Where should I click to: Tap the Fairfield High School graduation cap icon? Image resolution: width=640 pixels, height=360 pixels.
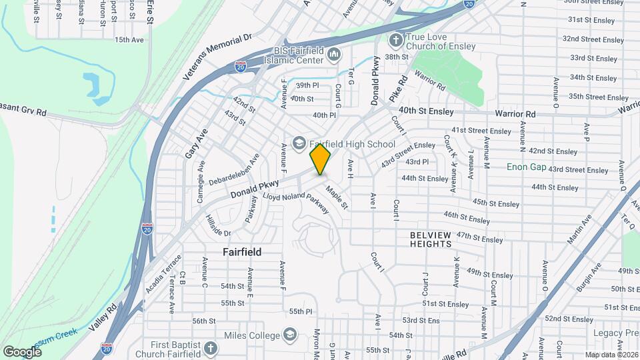299,143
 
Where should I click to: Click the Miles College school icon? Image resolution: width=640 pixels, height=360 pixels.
290,333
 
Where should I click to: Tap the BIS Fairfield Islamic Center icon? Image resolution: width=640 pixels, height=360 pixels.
334,53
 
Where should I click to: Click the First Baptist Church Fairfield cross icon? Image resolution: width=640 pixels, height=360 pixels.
211,349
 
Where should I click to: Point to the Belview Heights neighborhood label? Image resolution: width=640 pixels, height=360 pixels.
431,239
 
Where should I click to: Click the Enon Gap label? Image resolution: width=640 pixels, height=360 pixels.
526,166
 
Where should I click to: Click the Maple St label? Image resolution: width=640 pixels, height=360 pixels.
337,198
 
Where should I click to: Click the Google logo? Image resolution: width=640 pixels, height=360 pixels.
22,351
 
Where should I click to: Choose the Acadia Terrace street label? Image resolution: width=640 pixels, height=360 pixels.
155,274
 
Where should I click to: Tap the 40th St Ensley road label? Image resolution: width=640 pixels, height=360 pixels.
426,111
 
